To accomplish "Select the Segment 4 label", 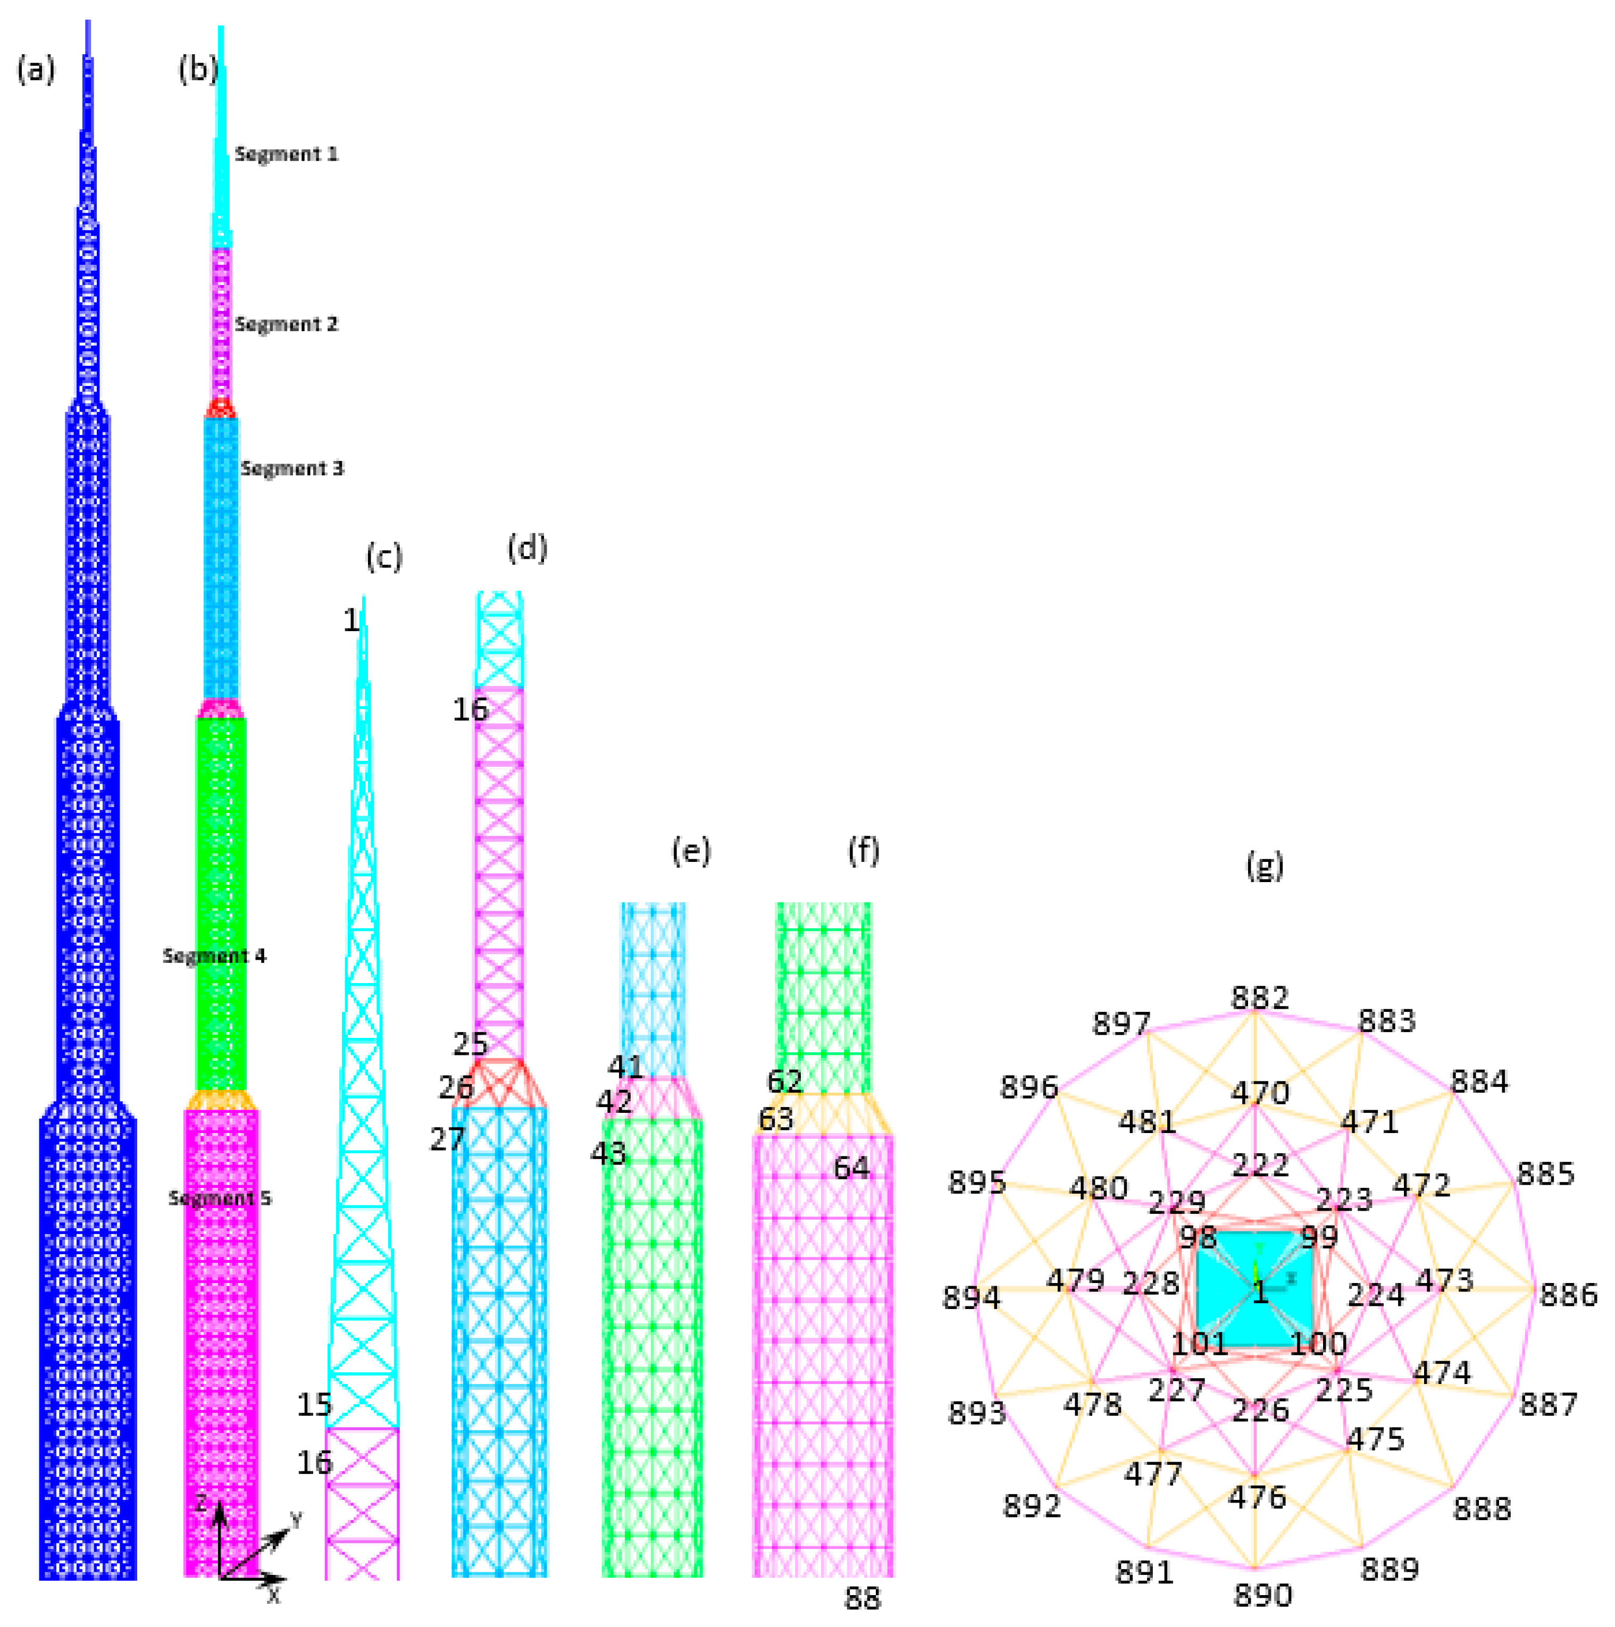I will coord(214,956).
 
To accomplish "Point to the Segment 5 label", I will coord(220,1198).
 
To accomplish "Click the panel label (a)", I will coord(36,70).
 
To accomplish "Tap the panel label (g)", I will coord(1265,865).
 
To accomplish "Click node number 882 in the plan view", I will coord(1259,998).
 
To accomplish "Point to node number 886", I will coord(1569,1294).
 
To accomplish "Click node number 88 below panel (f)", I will coord(862,1598).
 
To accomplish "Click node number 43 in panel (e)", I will coord(608,1153).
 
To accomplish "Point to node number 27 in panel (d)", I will coord(447,1139).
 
